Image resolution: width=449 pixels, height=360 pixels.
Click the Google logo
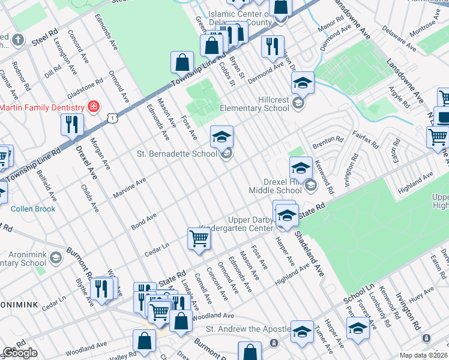click(20, 353)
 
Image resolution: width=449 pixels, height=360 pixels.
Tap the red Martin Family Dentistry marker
click(94, 107)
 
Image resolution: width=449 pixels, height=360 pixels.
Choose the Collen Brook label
click(33, 209)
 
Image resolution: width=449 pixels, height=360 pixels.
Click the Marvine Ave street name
click(129, 187)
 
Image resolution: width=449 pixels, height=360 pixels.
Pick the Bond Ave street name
click(144, 220)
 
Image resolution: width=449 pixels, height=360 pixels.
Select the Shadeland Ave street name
click(309, 252)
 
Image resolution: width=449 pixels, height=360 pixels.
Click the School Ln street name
click(354, 295)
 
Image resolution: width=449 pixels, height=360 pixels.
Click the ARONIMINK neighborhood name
click(19, 305)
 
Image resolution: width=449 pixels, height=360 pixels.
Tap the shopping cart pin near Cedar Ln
click(199, 238)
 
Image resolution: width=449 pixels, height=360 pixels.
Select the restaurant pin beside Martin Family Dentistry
click(72, 125)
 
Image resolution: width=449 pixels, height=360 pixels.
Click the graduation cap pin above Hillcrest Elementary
click(303, 83)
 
